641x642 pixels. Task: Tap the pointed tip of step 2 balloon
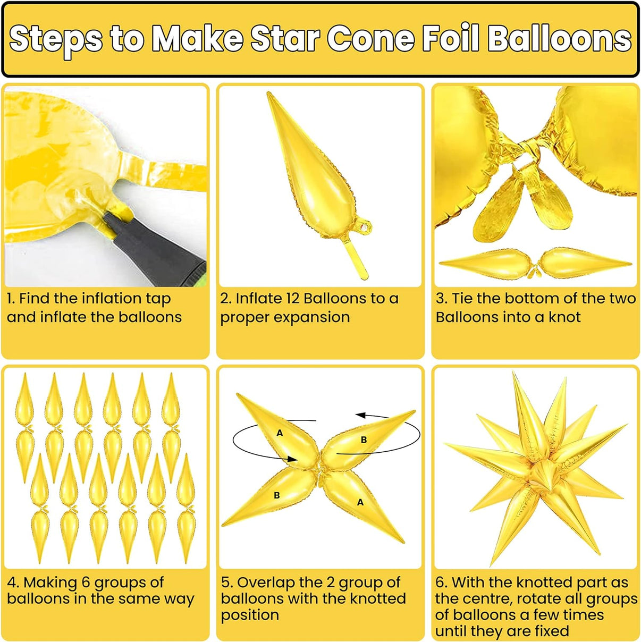click(268, 94)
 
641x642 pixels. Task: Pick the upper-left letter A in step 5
click(280, 433)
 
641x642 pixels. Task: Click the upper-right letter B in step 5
click(364, 440)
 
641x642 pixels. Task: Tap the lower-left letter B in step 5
click(277, 496)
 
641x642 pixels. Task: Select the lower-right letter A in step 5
click(360, 502)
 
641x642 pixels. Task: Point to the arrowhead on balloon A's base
click(292, 459)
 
